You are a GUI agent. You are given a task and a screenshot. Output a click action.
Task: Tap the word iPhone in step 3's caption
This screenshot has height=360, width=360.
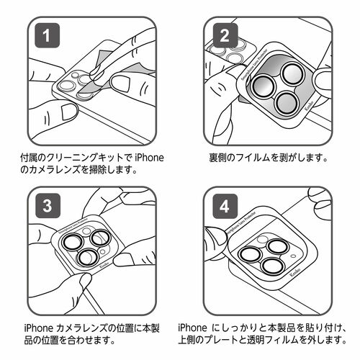pyautogui.click(x=40, y=325)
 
